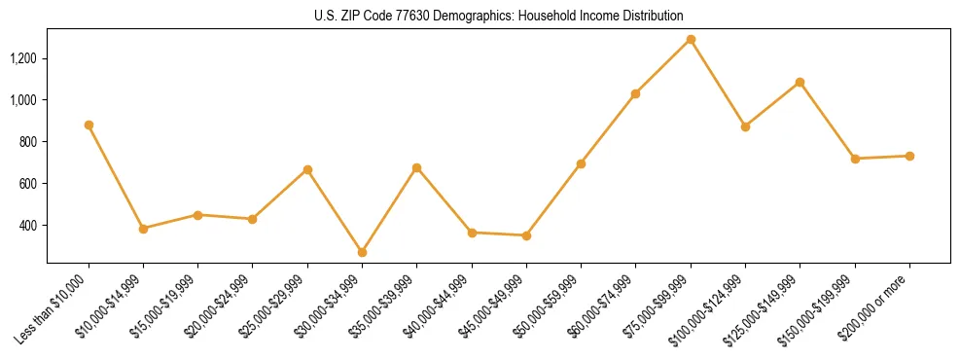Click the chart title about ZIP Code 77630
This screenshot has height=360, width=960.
[499, 17]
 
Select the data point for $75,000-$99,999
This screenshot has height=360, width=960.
[691, 40]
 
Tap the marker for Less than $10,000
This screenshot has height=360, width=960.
[89, 126]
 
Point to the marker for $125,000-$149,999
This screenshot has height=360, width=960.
[800, 83]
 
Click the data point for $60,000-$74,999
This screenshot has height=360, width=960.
[636, 94]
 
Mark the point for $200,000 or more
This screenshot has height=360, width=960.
[909, 156]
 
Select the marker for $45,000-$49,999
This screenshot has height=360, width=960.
[526, 235]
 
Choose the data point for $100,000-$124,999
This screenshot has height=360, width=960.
[745, 126]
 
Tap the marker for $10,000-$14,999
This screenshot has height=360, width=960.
[144, 229]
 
